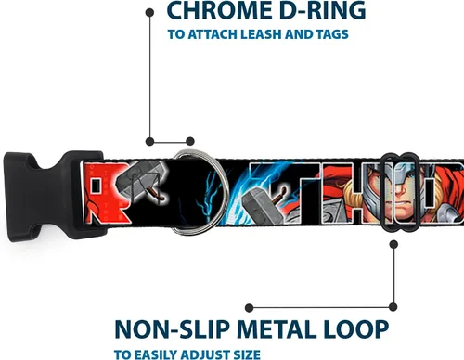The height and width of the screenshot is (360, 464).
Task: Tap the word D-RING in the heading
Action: tap(320, 10)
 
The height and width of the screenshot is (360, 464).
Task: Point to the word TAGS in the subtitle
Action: tap(332, 34)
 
